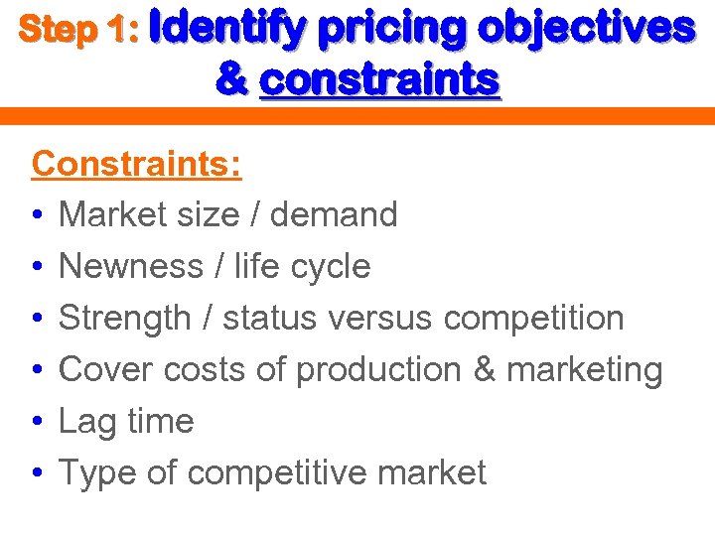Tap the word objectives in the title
click(586, 30)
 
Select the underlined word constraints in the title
click(379, 79)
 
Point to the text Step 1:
click(78, 31)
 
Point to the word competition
click(533, 318)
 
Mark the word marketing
click(584, 370)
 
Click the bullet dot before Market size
click(37, 214)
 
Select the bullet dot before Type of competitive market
click(37, 473)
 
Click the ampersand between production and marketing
click(485, 369)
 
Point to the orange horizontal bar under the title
click(357, 116)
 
